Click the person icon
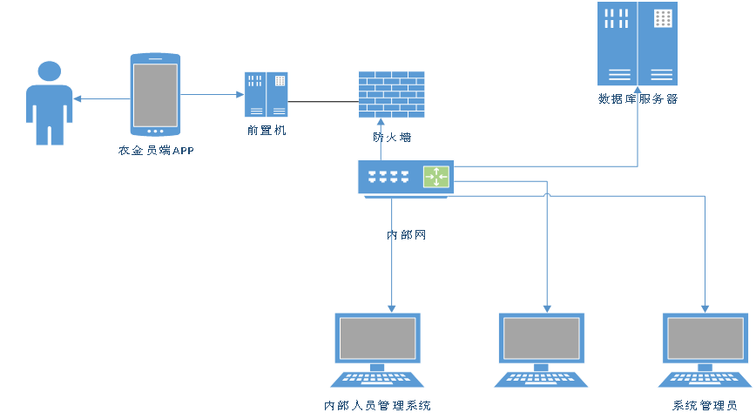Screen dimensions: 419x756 click(50, 103)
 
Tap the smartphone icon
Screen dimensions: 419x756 click(155, 94)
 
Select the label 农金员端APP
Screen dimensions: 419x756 click(157, 151)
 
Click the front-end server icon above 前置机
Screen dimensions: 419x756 click(266, 94)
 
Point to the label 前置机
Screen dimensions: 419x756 click(267, 131)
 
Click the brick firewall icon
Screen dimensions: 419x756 click(392, 94)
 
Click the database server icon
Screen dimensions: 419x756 click(637, 44)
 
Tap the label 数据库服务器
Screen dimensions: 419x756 click(638, 99)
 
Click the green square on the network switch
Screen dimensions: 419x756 click(436, 177)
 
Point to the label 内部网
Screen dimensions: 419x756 click(407, 235)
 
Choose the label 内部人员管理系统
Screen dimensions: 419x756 click(377, 406)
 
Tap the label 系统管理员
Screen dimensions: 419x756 click(705, 406)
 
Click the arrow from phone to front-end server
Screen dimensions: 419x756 click(213, 94)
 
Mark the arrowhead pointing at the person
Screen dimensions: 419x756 click(78, 98)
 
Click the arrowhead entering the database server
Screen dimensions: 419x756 click(638, 91)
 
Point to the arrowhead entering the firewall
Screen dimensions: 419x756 click(381, 123)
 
